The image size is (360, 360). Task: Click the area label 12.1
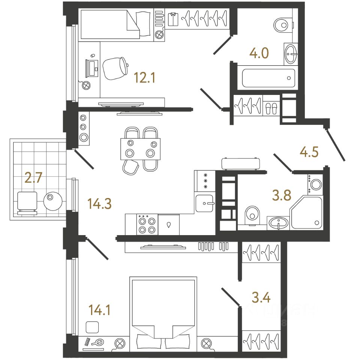tap(144, 78)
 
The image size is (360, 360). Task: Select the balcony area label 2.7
tap(33, 177)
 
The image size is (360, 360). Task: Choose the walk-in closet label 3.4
tap(261, 298)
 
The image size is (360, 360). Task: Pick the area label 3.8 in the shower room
tap(282, 196)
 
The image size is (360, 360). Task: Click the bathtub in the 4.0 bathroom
tap(268, 78)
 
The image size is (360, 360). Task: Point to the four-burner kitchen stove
tap(147, 225)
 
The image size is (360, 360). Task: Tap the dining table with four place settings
tap(141, 148)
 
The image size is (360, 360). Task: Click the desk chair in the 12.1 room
tap(115, 68)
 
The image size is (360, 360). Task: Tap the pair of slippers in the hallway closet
tap(271, 108)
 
